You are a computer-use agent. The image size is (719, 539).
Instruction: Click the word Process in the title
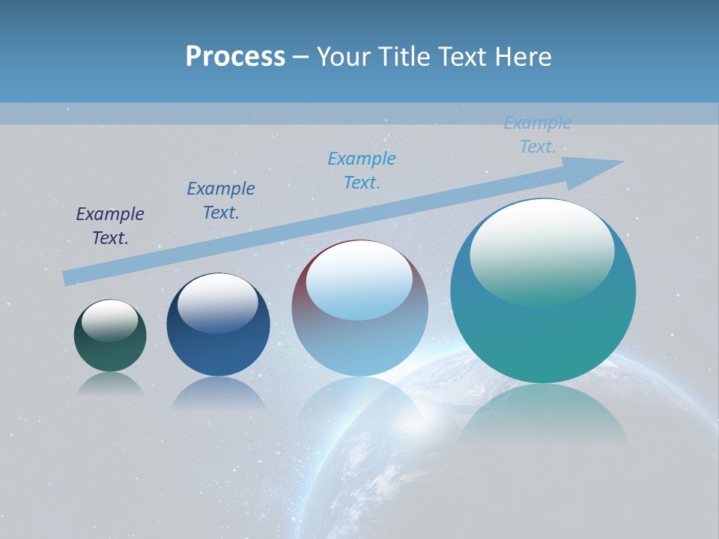click(235, 57)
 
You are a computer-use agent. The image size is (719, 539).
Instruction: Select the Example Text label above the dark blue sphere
click(221, 201)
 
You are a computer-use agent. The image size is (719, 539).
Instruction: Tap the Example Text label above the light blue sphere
click(362, 171)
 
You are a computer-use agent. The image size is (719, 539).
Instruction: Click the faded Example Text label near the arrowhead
click(538, 135)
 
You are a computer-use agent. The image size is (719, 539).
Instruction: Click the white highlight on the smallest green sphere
click(109, 319)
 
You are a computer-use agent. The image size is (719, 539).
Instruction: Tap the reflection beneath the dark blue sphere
click(218, 393)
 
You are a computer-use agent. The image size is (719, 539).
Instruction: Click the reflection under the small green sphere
click(110, 383)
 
